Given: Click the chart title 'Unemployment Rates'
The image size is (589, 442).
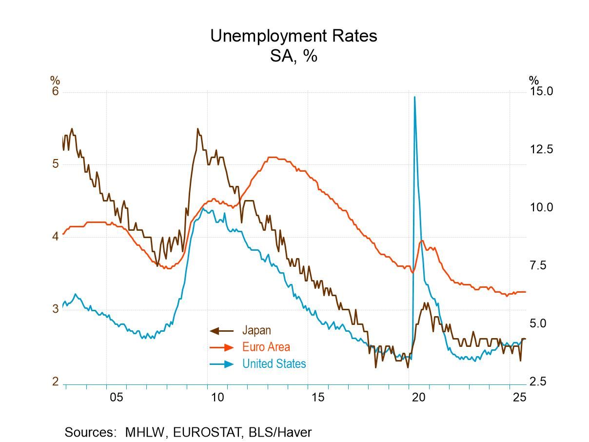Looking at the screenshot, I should coord(294,36).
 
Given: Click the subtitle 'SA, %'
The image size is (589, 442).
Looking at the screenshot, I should coord(294,56).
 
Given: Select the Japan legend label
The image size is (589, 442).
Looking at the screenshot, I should coord(256,331).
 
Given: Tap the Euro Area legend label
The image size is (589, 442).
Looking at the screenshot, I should coord(266,347).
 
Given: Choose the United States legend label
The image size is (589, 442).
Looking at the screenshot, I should coord(274,363).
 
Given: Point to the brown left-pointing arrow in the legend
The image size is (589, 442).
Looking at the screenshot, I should coord(221,331).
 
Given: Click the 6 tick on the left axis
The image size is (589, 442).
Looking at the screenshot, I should coord(55,92).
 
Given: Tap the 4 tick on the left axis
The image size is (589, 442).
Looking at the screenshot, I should coord(55,236).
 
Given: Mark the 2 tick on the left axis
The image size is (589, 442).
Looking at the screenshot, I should coord(55,381).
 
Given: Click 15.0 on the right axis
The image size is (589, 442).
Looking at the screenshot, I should coord(541,92).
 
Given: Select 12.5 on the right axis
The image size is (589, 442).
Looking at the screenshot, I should coord(541,149).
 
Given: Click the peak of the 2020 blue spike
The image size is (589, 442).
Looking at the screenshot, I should coord(414,97).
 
